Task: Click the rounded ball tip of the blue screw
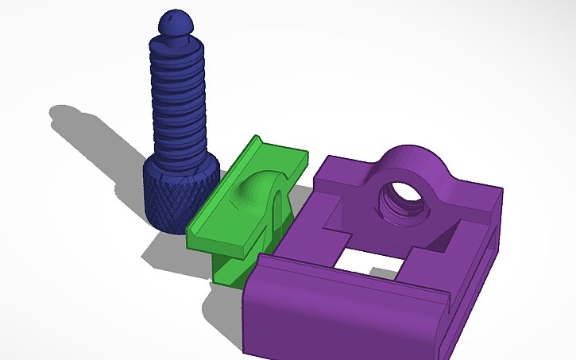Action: click(174, 21)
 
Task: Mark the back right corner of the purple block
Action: click(500, 191)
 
